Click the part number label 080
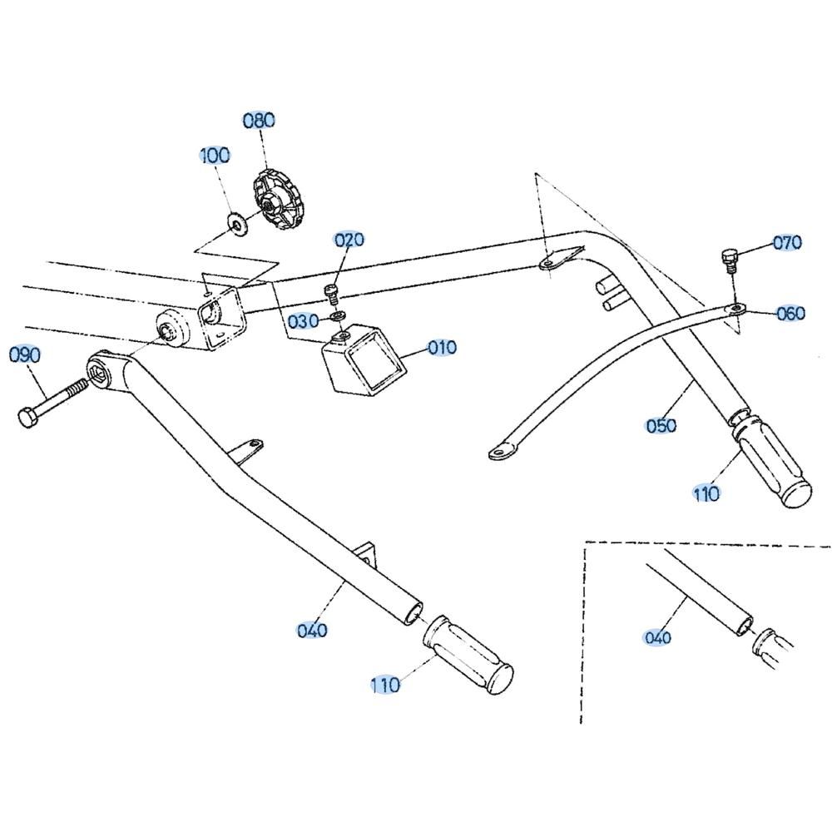(258, 121)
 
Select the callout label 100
(215, 156)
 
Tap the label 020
(349, 240)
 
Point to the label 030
(303, 321)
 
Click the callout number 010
(443, 347)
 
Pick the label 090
(25, 355)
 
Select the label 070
(787, 243)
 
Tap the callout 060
(790, 314)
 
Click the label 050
(661, 426)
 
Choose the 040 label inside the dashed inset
(657, 638)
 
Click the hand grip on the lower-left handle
(468, 656)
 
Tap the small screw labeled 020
(331, 292)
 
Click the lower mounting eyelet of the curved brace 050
(499, 453)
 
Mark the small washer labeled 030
(337, 316)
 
